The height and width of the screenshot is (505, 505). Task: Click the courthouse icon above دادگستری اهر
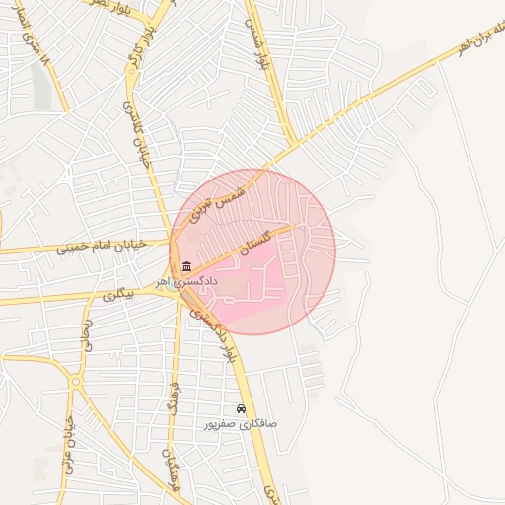click(187, 266)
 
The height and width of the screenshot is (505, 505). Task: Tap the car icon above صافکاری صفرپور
click(242, 408)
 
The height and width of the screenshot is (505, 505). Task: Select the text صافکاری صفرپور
click(241, 424)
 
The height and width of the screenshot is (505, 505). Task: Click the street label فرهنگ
click(170, 395)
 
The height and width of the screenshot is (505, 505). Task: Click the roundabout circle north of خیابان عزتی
click(76, 381)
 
